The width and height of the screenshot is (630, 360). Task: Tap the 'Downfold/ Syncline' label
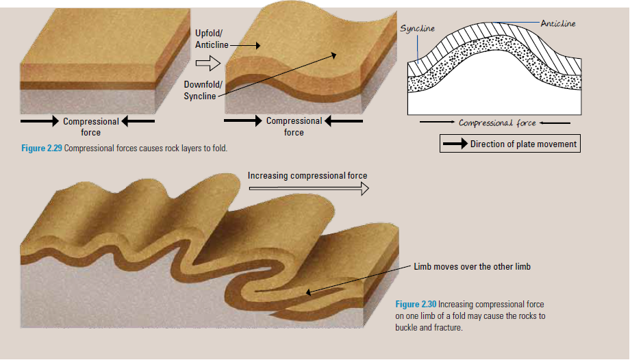click(x=200, y=90)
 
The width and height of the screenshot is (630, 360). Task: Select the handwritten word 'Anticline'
click(x=558, y=23)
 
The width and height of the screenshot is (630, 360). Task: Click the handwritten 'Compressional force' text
click(x=497, y=123)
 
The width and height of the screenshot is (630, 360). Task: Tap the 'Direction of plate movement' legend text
click(x=524, y=144)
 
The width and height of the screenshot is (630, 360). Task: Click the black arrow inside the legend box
click(x=454, y=144)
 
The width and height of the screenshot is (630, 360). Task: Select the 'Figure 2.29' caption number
click(x=42, y=149)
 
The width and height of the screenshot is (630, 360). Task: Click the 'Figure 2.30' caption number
click(x=416, y=303)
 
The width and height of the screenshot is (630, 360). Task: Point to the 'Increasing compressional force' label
click(x=307, y=176)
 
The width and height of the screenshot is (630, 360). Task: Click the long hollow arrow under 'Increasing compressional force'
click(x=308, y=189)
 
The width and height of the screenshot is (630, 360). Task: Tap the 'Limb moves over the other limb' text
click(x=472, y=266)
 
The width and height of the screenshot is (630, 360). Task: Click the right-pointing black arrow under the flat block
click(x=40, y=122)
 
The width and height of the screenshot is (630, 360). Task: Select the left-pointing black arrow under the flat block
click(x=138, y=122)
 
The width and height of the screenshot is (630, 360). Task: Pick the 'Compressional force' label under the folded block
click(x=294, y=126)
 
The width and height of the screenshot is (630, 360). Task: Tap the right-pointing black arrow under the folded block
click(x=244, y=121)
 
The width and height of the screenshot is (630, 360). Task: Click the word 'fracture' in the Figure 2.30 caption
click(x=447, y=327)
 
